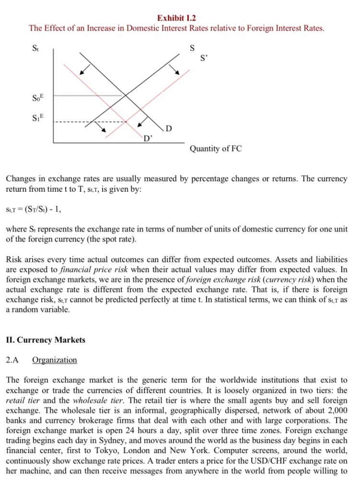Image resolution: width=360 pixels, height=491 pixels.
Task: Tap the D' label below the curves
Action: point(149,139)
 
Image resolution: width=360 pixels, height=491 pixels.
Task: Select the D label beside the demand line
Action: point(169,128)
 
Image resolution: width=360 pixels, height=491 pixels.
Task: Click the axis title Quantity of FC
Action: point(216,149)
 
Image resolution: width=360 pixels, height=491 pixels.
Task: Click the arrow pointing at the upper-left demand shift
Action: point(84,70)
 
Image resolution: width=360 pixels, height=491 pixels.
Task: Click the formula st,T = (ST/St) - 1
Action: point(34,210)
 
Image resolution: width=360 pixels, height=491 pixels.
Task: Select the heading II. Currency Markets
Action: point(46,340)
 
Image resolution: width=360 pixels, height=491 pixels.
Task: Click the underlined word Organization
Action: point(54,360)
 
